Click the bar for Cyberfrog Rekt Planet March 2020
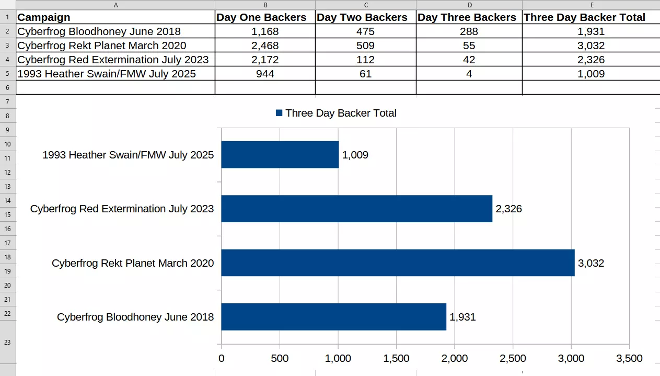click(398, 263)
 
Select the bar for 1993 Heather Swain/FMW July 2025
click(280, 154)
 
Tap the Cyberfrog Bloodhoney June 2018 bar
click(333, 317)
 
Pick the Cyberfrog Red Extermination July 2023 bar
click(356, 209)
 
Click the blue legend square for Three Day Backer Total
click(279, 113)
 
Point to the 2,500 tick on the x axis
click(513, 358)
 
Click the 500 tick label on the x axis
click(280, 358)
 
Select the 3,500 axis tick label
click(629, 358)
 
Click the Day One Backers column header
click(261, 17)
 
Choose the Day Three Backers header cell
click(467, 17)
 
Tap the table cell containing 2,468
click(265, 45)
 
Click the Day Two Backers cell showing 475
click(365, 31)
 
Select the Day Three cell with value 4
click(469, 74)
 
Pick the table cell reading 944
click(265, 74)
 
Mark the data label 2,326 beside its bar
click(508, 209)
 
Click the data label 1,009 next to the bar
click(355, 155)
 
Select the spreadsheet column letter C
click(366, 5)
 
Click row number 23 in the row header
click(7, 342)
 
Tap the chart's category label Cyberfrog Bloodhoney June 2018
click(135, 317)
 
